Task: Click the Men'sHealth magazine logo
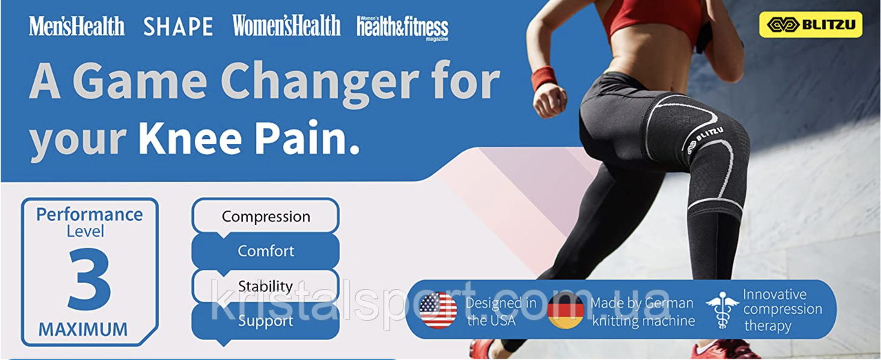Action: tap(76, 26)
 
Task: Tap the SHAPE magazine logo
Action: tap(178, 27)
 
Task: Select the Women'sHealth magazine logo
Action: tap(286, 25)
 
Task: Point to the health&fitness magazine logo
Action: tap(403, 28)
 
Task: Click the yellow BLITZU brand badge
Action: tap(811, 24)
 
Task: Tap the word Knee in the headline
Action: tap(190, 140)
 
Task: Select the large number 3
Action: tap(89, 279)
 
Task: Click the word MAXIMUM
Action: tap(83, 329)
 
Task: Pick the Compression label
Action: tap(266, 217)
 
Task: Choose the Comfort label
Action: tap(266, 251)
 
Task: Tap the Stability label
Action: tap(266, 286)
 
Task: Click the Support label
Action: tap(266, 321)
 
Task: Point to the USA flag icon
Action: tap(438, 310)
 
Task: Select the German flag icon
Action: tap(566, 310)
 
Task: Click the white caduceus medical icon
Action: tap(722, 310)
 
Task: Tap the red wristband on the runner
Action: tap(544, 78)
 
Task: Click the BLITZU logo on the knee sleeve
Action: tap(704, 140)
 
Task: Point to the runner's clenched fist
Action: tap(549, 101)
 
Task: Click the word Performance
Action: tap(89, 215)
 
